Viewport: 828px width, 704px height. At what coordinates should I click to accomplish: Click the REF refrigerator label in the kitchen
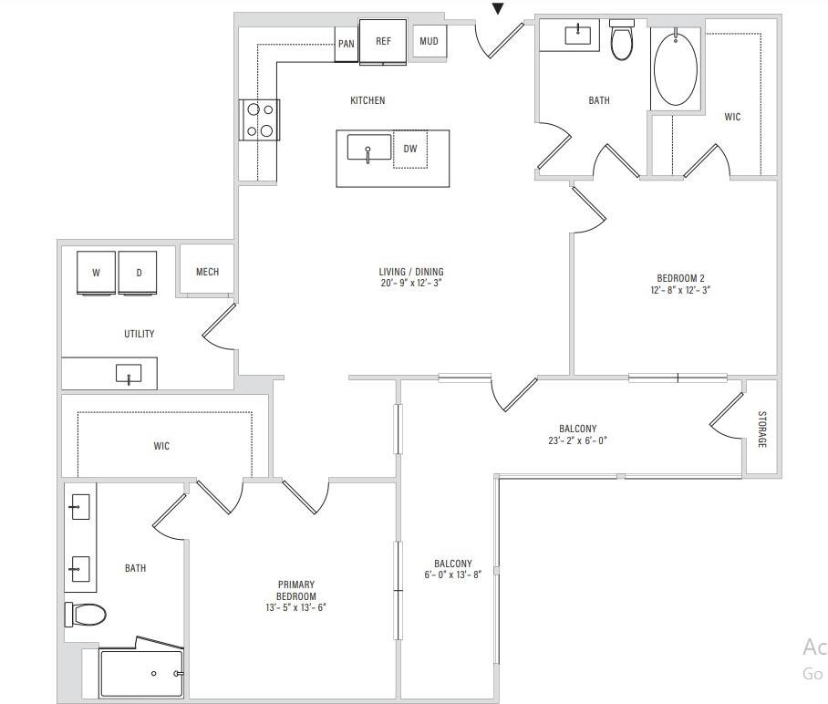[x=383, y=41]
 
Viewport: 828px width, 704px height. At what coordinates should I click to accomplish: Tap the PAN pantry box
[x=347, y=44]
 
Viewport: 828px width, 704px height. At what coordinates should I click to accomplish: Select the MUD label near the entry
[x=429, y=41]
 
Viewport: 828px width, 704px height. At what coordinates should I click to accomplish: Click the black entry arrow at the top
[x=498, y=9]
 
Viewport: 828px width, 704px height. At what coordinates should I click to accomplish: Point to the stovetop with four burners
[x=260, y=119]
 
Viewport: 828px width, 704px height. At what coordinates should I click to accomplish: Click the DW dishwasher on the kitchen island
[x=410, y=149]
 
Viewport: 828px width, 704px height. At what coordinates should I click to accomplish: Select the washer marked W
[x=96, y=273]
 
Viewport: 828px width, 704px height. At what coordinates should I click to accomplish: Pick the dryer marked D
[x=139, y=273]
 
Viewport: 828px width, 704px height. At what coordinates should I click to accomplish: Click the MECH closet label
[x=207, y=272]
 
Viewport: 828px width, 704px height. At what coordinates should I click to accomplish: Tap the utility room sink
[x=129, y=374]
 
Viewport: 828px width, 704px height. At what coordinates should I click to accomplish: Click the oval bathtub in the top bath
[x=676, y=69]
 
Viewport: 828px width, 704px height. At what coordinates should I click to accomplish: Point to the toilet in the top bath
[x=622, y=39]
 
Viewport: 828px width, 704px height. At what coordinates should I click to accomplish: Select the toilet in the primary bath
[x=87, y=615]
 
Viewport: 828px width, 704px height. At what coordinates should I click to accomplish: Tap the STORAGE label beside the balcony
[x=761, y=430]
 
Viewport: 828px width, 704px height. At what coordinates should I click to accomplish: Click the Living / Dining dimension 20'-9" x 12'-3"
[x=411, y=284]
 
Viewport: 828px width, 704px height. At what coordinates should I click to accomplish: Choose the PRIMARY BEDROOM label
[x=296, y=590]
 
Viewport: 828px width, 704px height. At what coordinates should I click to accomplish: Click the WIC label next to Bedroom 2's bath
[x=732, y=117]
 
